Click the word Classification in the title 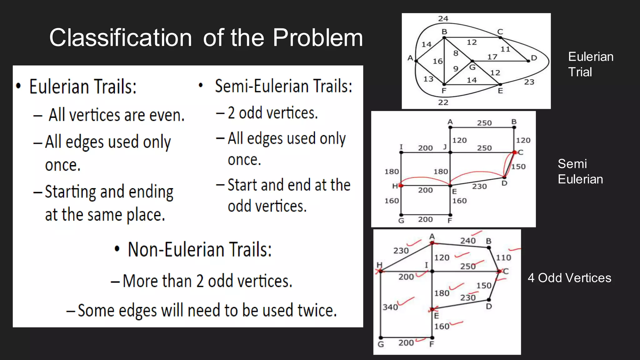coord(120,37)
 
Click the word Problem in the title coord(317,37)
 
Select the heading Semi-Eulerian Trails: coord(283,86)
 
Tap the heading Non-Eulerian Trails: coord(200,250)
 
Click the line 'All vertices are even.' coord(117,115)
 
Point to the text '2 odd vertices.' coord(272,113)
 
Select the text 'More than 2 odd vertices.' coord(207,281)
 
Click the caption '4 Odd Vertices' coord(569,278)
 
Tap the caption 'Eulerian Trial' coord(590,64)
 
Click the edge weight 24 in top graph coord(443,19)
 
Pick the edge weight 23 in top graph coord(529,82)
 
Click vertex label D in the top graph coord(534,58)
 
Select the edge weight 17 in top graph coord(492,57)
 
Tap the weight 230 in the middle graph coord(479,187)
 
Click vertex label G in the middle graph coord(401,221)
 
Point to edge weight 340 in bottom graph coord(390,307)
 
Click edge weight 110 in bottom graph coord(503,258)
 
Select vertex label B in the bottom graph coord(489,241)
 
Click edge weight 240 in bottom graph coord(468,241)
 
